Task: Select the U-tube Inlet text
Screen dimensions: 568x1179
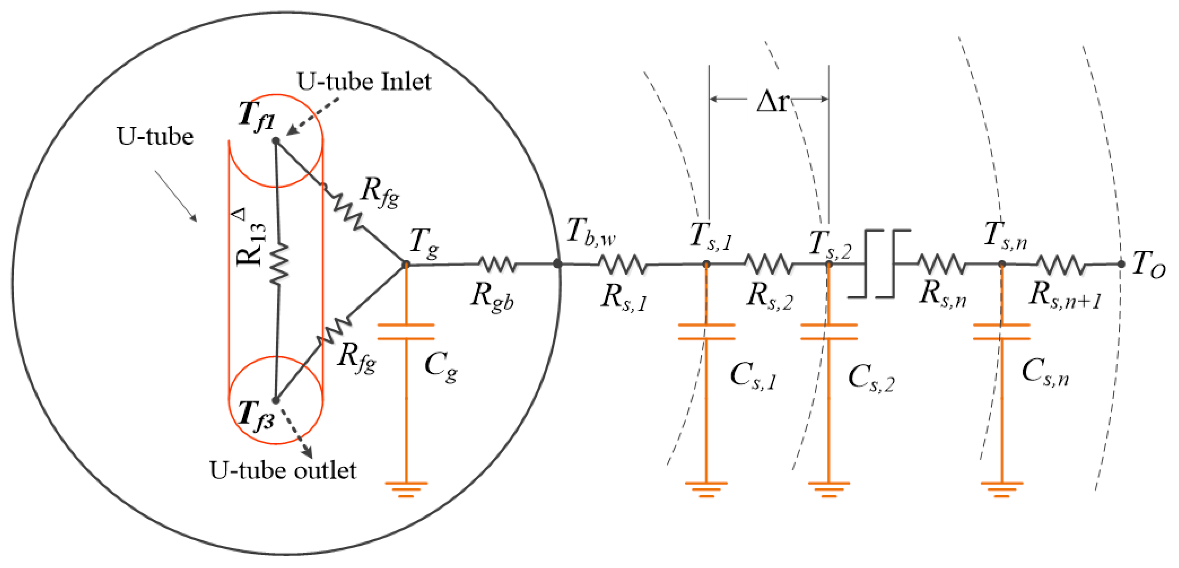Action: pos(364,81)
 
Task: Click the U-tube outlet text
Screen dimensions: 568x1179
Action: pos(283,470)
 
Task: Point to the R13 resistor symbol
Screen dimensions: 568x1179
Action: pos(279,264)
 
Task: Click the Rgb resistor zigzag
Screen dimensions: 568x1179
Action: pos(497,264)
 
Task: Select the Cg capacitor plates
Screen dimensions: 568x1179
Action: pos(406,332)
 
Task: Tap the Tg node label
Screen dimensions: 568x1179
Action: pos(424,243)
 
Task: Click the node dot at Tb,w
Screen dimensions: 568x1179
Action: pos(557,264)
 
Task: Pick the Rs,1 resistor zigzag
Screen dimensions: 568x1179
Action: pos(623,264)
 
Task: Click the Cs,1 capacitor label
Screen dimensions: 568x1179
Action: pos(753,376)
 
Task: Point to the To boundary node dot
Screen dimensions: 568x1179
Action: pos(1121,264)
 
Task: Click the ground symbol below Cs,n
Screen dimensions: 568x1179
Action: pos(1001,489)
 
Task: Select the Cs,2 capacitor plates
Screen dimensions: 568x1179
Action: pos(829,332)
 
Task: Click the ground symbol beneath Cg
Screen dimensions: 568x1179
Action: pos(406,489)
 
